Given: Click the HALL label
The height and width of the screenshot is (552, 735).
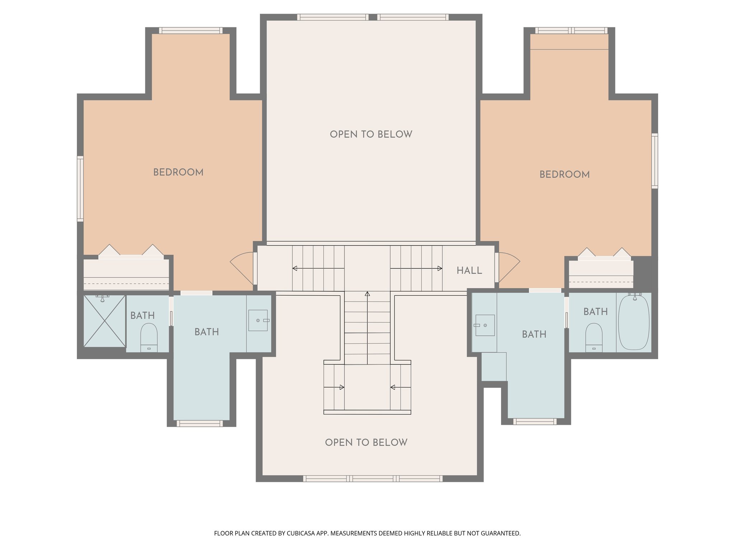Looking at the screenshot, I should tap(469, 271).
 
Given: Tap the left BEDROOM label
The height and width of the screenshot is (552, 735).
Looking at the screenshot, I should tap(178, 172).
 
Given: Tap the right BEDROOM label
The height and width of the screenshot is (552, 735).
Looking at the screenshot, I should tap(565, 175).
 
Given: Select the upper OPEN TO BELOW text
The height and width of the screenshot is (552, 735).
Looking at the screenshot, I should tap(371, 134).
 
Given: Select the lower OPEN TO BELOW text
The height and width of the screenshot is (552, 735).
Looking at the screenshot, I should tap(366, 442).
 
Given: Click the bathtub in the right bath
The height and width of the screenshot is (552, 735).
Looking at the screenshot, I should tap(634, 322).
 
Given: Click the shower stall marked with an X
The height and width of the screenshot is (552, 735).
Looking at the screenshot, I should tap(104, 321).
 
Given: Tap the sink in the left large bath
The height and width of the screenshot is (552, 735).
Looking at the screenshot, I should tap(258, 320).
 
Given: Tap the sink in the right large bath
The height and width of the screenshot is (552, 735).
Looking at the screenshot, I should tap(485, 325).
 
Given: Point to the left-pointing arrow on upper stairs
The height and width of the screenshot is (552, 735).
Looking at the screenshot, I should tap(295, 268).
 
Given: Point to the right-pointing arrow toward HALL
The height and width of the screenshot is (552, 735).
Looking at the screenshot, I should tap(440, 268).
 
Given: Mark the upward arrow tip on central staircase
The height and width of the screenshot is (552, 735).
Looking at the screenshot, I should tap(367, 294).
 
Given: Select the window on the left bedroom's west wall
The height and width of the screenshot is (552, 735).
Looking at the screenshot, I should tap(80, 189).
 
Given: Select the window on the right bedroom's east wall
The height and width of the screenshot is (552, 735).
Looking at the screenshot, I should tap(655, 161).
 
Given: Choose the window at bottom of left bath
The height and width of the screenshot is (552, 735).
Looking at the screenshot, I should tap(200, 424).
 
